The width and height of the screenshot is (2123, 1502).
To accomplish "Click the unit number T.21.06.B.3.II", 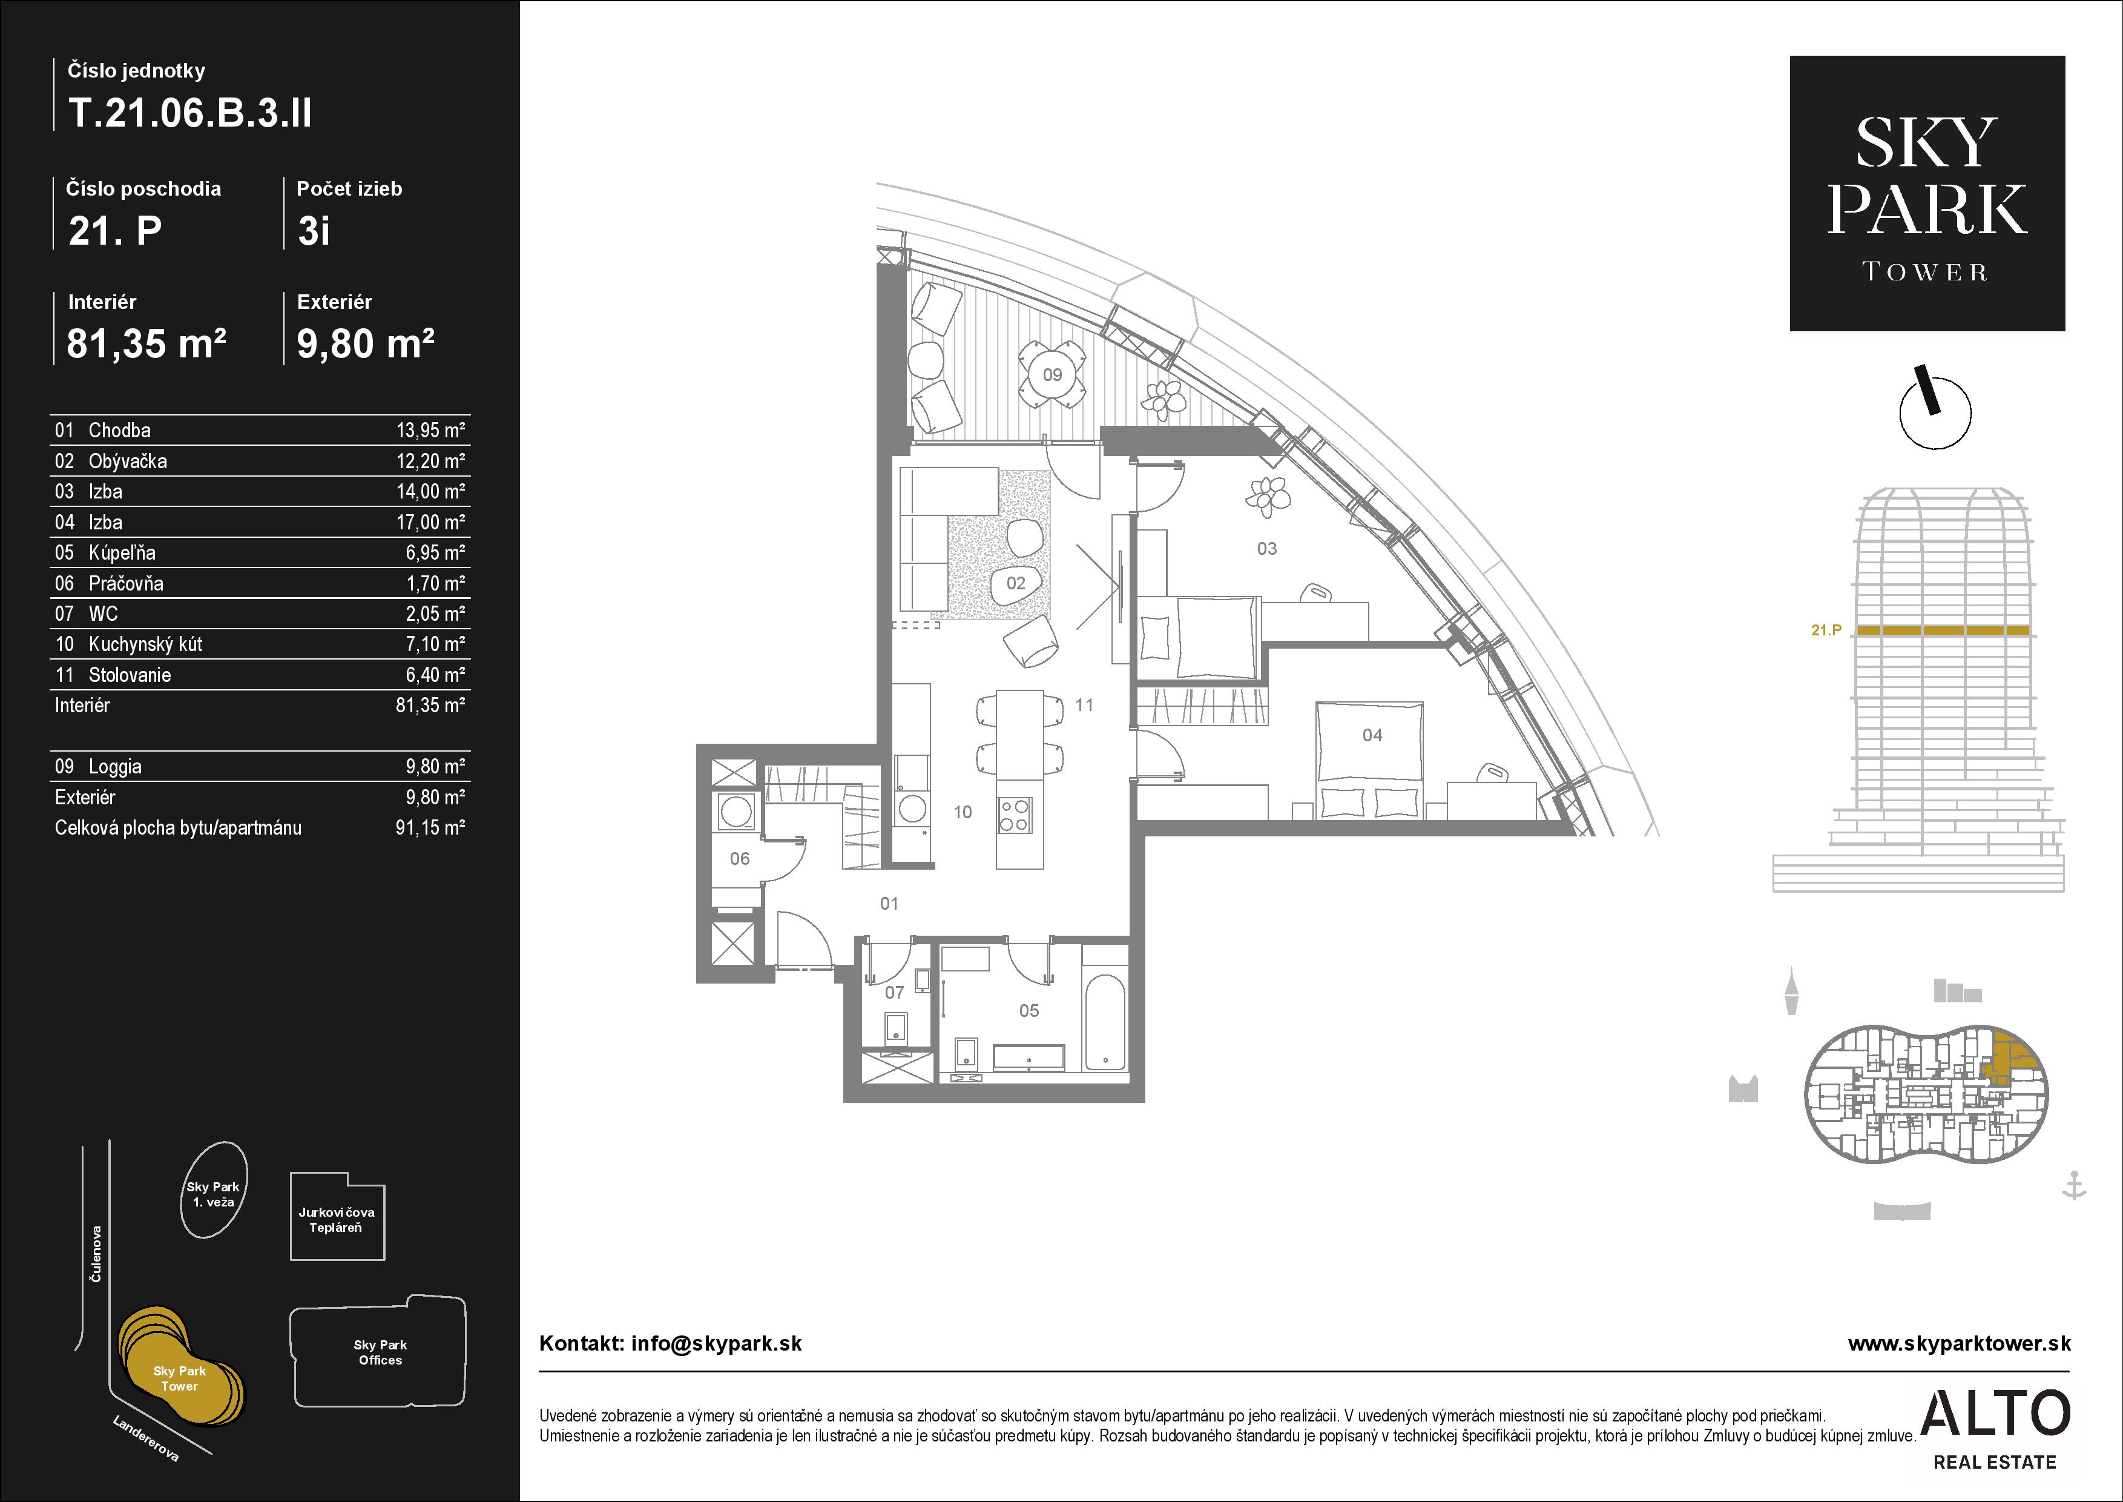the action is pos(189,113).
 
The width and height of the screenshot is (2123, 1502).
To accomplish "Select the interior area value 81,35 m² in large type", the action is pos(146,343).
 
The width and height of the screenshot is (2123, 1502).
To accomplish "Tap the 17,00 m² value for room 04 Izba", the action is pos(430,521).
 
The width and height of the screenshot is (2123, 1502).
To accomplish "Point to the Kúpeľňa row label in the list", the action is pos(122,552).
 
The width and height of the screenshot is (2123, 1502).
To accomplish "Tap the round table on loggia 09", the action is pos(1052,374).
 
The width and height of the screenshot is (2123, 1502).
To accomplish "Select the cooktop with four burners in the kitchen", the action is pos(1015,815).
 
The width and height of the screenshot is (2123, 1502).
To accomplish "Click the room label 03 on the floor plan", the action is pos(1267,549).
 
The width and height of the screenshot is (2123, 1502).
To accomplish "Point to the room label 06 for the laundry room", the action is pos(740,858).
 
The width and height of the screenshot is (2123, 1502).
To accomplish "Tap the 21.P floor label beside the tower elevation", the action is pos(1826,630).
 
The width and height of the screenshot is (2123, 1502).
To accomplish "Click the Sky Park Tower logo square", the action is pos(1927,193).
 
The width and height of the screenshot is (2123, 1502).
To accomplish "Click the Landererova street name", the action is pos(145,1438).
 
